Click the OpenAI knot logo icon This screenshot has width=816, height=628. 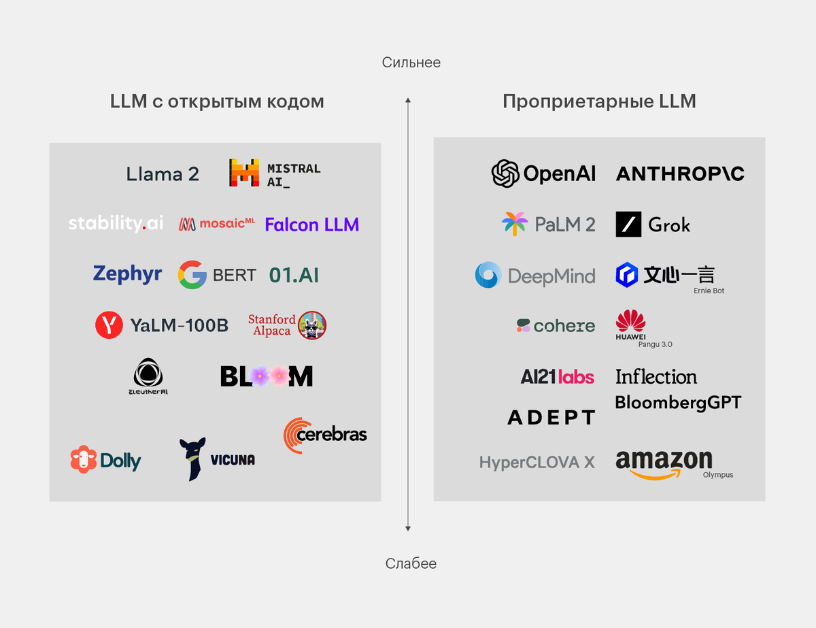[505, 173]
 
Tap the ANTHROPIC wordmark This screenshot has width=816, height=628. [680, 173]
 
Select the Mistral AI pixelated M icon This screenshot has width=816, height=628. [244, 173]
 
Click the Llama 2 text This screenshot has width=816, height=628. [163, 174]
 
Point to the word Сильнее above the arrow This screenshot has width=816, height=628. [411, 63]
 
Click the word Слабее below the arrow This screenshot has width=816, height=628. [411, 563]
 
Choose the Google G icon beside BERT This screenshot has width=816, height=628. [192, 275]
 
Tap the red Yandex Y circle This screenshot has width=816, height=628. [109, 325]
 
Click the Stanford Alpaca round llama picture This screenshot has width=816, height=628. [312, 325]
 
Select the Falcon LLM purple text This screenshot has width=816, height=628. [311, 225]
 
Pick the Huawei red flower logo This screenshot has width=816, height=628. [630, 321]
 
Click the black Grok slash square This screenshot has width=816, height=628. [628, 225]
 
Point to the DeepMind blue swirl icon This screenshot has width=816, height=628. [488, 275]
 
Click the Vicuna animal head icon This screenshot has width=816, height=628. [192, 458]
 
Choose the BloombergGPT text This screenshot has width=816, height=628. [678, 402]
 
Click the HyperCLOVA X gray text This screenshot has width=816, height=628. [537, 463]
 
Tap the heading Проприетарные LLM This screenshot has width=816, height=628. [599, 101]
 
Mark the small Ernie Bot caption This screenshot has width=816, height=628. [709, 291]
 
